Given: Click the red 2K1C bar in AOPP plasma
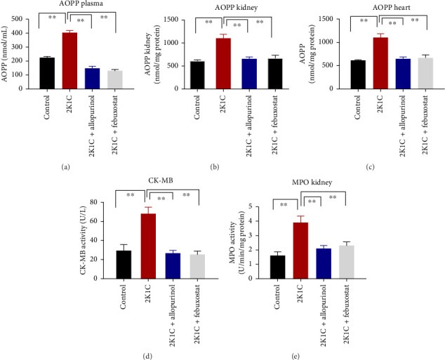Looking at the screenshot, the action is tap(69, 61).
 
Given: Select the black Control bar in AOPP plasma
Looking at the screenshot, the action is tap(47, 73).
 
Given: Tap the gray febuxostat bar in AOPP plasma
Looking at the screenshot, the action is tap(115, 80).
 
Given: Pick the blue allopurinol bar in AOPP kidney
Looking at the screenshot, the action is tap(249, 74).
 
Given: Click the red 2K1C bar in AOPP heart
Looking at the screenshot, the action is tap(380, 63).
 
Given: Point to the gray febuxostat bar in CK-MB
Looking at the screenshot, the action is tap(197, 267).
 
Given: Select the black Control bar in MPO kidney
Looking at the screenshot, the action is tap(278, 267).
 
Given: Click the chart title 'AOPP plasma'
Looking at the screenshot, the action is tap(81, 4).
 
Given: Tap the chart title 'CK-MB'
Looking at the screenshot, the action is tap(160, 180).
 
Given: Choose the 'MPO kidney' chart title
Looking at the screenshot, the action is tap(312, 182).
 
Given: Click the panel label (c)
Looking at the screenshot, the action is tap(370, 167).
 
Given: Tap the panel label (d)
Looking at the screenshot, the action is tap(148, 356).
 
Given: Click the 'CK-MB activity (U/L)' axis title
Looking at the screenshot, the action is tap(83, 240).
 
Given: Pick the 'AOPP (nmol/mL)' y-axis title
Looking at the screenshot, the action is tap(5, 54).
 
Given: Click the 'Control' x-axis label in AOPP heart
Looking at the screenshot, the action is tap(357, 107).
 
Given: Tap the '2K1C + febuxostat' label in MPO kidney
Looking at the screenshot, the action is tap(347, 314).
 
